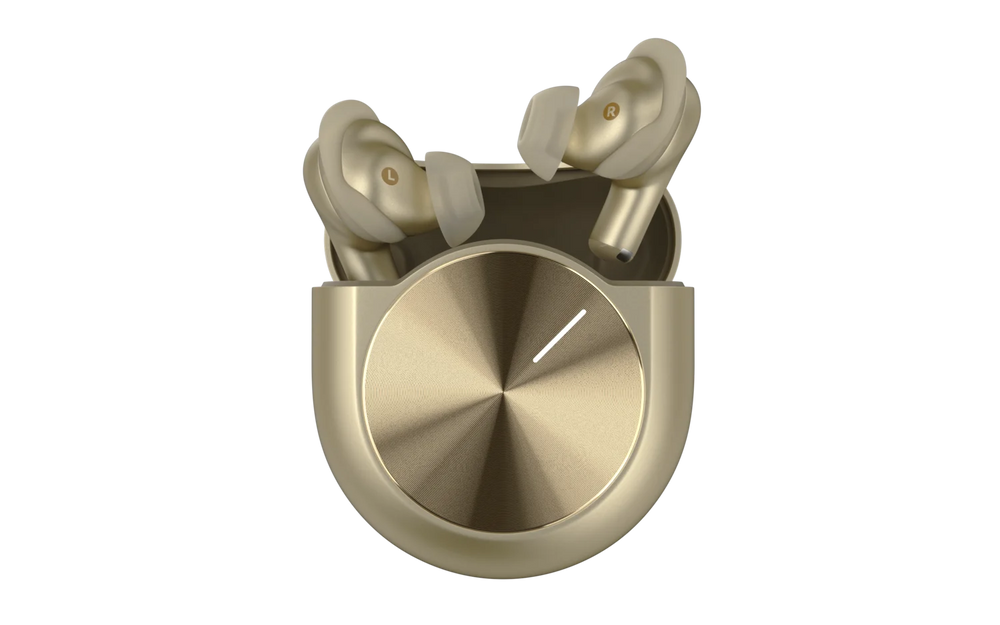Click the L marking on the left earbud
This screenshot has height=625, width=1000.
pyautogui.click(x=390, y=175)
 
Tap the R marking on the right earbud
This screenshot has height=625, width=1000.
pyautogui.click(x=611, y=110)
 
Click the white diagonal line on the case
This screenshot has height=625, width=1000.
pyautogui.click(x=559, y=336)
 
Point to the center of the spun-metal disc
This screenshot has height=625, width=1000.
pyautogui.click(x=503, y=390)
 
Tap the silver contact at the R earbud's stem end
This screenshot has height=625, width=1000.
pyautogui.click(x=623, y=256)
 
